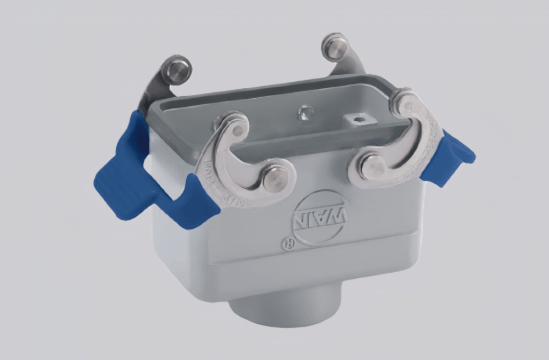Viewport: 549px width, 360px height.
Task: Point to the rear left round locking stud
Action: (176, 70)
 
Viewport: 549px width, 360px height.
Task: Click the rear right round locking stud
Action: (335, 48)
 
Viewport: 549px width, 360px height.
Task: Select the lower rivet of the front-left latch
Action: (274, 177)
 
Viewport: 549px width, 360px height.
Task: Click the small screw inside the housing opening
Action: (304, 114)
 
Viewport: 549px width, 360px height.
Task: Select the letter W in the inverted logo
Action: (338, 217)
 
